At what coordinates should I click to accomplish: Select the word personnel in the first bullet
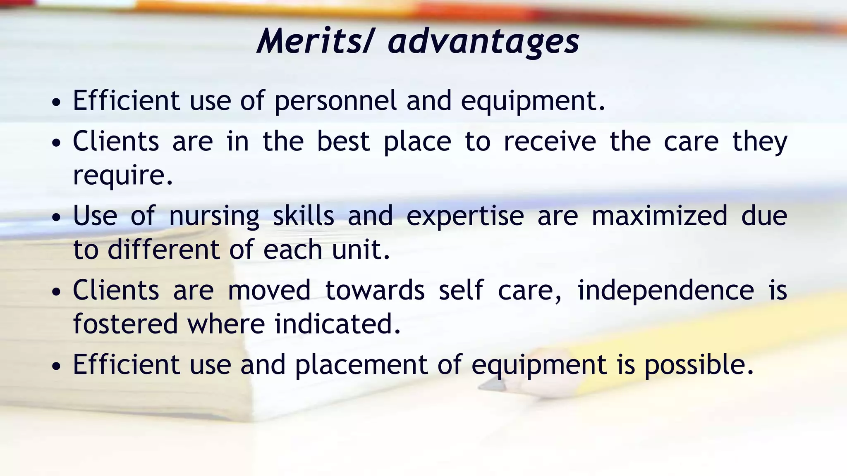[x=335, y=101]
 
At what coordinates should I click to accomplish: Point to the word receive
[x=550, y=141]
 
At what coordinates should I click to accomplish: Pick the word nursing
[x=214, y=217]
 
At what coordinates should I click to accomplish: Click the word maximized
[x=659, y=216]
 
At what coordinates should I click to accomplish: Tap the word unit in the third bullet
[x=361, y=250]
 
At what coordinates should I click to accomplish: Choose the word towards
[x=375, y=290]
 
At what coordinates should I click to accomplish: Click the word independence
[x=665, y=290]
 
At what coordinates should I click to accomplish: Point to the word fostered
[x=125, y=324]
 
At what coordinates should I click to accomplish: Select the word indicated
[x=337, y=324]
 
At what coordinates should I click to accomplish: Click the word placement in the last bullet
[x=361, y=365]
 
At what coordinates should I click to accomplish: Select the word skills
[x=303, y=216]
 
